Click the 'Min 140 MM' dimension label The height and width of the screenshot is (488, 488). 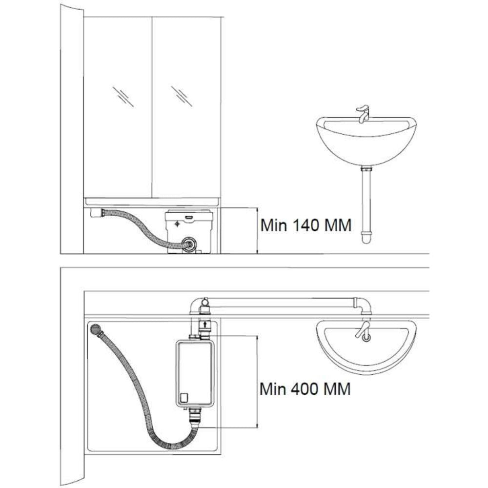click(x=305, y=225)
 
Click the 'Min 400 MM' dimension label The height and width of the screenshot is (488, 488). click(x=305, y=389)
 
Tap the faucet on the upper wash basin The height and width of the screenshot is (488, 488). click(x=363, y=114)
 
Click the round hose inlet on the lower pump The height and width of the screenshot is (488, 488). click(x=189, y=244)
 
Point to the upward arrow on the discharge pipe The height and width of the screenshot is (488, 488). click(x=204, y=325)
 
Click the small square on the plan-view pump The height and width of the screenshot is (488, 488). click(x=184, y=397)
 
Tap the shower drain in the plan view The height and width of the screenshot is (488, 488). click(x=96, y=329)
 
